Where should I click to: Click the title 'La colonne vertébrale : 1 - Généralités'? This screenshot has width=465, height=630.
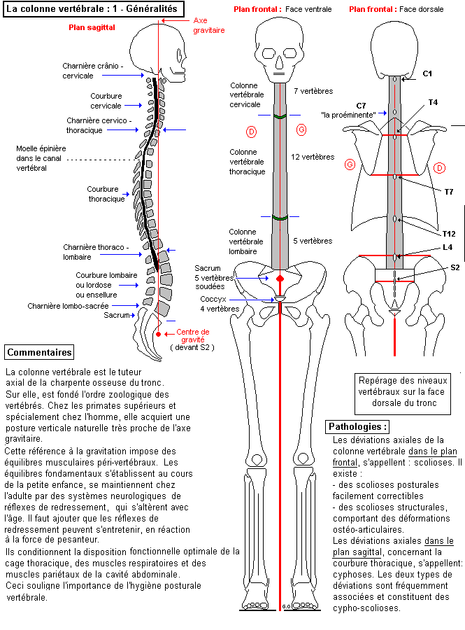(x=94, y=9)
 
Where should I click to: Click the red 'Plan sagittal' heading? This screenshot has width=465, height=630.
(x=92, y=27)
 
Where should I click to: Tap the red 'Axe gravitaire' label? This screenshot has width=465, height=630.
(x=209, y=26)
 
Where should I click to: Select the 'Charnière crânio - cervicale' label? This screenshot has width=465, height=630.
(x=92, y=71)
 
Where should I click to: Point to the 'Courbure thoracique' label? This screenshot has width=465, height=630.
(x=106, y=193)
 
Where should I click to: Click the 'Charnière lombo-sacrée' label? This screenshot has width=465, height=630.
(x=63, y=306)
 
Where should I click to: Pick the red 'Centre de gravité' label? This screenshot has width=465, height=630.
(x=192, y=336)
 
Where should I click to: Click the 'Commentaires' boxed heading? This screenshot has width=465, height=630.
(x=38, y=352)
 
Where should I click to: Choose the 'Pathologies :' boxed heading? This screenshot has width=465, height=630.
(x=357, y=426)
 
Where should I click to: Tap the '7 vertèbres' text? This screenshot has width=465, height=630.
(x=313, y=91)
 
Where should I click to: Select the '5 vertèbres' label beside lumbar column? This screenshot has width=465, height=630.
(x=313, y=241)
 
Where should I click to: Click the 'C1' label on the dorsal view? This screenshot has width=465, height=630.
(x=428, y=73)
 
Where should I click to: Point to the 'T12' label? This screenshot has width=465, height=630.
(x=449, y=233)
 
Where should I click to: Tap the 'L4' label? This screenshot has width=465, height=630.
(x=447, y=246)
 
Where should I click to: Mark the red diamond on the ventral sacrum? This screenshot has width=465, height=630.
(x=280, y=279)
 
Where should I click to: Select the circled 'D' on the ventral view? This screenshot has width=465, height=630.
(x=252, y=131)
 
